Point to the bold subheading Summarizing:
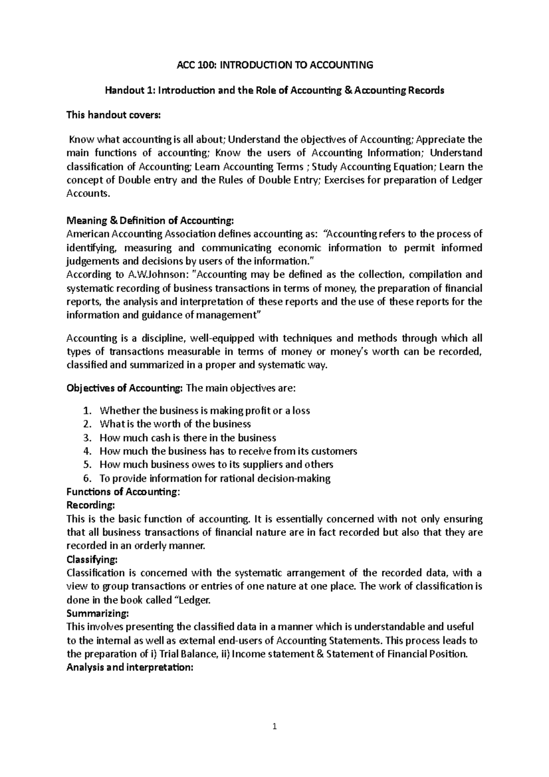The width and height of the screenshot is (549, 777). click(x=97, y=613)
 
